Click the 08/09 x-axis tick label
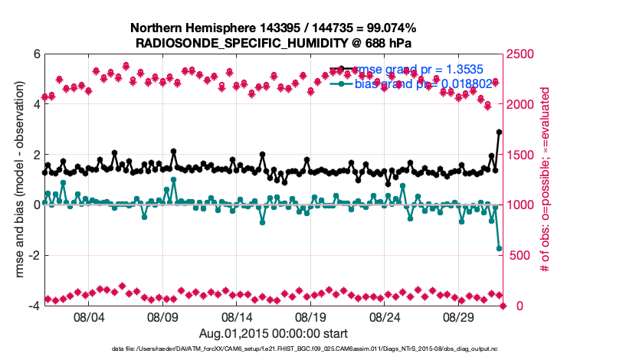[162, 316]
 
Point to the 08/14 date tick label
[237, 316]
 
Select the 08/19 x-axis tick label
[311, 316]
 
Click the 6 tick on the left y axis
[36, 54]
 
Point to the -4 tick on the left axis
[34, 306]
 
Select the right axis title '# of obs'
[546, 180]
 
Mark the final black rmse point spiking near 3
[499, 132]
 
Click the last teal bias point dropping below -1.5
[499, 248]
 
